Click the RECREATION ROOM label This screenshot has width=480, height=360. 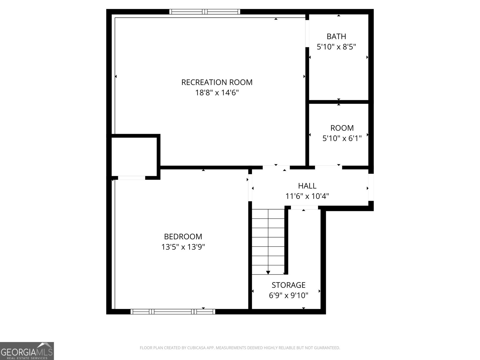click(x=217, y=82)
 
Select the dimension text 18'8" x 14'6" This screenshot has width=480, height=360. click(x=217, y=93)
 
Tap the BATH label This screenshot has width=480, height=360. click(x=336, y=37)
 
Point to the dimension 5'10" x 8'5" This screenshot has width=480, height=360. click(x=336, y=47)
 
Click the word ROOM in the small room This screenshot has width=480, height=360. click(x=342, y=128)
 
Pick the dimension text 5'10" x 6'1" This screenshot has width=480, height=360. click(x=342, y=139)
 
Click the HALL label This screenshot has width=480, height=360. click(x=307, y=186)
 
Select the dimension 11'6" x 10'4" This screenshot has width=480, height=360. click(x=307, y=196)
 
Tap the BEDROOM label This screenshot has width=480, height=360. click(x=183, y=237)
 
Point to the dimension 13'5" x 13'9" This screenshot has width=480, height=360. click(x=183, y=247)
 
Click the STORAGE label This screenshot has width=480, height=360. click(x=289, y=285)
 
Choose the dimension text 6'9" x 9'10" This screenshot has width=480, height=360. click(x=289, y=296)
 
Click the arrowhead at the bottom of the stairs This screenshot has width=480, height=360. click(x=268, y=272)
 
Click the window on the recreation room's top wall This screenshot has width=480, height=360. click(x=205, y=12)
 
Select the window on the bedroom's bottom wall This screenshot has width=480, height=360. click(x=173, y=312)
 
